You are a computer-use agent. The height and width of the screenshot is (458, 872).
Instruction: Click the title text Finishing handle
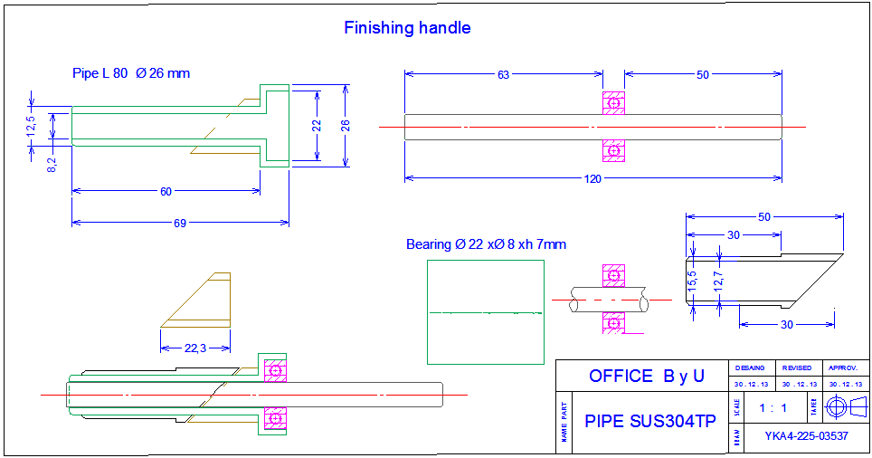[x=407, y=28]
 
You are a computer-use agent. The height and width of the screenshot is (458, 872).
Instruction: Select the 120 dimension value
[x=592, y=178]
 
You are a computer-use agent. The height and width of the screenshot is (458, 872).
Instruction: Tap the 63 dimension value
[x=503, y=75]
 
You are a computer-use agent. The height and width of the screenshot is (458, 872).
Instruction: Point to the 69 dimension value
[x=180, y=223]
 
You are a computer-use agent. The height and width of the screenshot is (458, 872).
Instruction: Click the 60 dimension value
[x=166, y=192]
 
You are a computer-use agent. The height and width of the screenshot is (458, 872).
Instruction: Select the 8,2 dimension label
[x=52, y=165]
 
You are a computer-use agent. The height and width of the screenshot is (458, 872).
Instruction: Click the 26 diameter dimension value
[x=345, y=126]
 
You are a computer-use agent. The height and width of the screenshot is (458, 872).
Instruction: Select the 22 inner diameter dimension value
[x=317, y=126]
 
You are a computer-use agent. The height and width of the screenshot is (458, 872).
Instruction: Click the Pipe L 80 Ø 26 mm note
[x=131, y=73]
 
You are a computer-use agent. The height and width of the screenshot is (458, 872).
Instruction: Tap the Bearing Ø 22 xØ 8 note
[x=486, y=244]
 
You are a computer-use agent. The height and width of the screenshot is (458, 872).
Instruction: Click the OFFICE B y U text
[x=646, y=376]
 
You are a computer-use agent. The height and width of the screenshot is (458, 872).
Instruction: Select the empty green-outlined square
[x=485, y=311]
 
